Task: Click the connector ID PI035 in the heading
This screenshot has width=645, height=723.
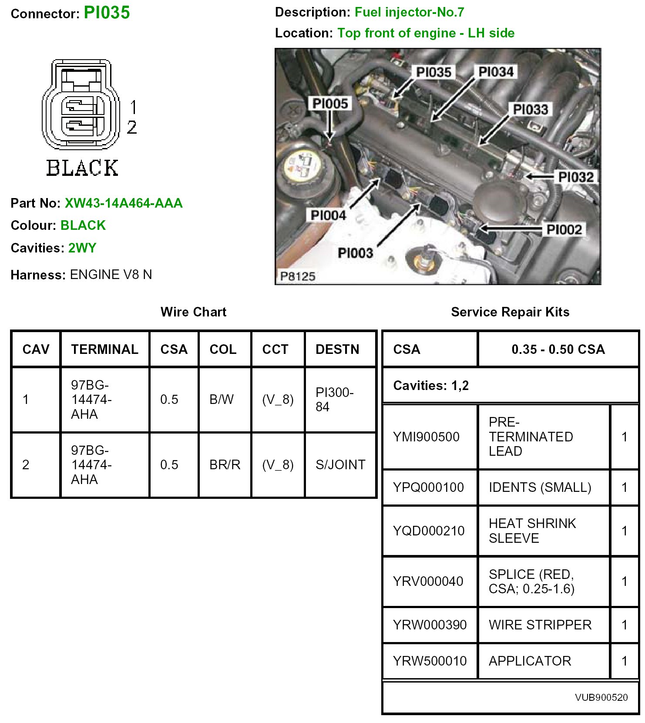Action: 107,13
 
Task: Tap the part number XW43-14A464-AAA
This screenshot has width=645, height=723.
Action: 124,203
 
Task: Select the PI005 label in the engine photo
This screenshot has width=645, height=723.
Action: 330,104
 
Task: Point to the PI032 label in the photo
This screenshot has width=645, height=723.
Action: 576,177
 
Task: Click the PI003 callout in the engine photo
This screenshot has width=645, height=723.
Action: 355,253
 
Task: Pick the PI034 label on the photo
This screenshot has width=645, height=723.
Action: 496,72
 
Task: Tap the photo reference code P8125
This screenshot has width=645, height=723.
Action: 298,276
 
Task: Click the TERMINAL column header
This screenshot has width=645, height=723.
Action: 104,349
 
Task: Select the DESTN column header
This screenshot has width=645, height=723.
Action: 337,349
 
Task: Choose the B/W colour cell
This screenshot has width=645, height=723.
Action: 222,399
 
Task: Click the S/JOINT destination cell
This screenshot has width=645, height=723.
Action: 340,464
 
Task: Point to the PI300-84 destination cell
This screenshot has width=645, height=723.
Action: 334,399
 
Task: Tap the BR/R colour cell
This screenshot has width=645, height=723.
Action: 225,464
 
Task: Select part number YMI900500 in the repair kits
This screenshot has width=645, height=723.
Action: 426,437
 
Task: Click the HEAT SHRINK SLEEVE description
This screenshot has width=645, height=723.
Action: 532,531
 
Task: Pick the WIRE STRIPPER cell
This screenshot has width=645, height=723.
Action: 540,625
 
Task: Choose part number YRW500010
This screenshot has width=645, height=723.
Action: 430,661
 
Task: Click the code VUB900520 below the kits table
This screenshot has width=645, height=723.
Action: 601,697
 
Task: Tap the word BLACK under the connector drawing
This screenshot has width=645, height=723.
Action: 82,168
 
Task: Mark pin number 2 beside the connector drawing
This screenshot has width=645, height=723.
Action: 132,127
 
